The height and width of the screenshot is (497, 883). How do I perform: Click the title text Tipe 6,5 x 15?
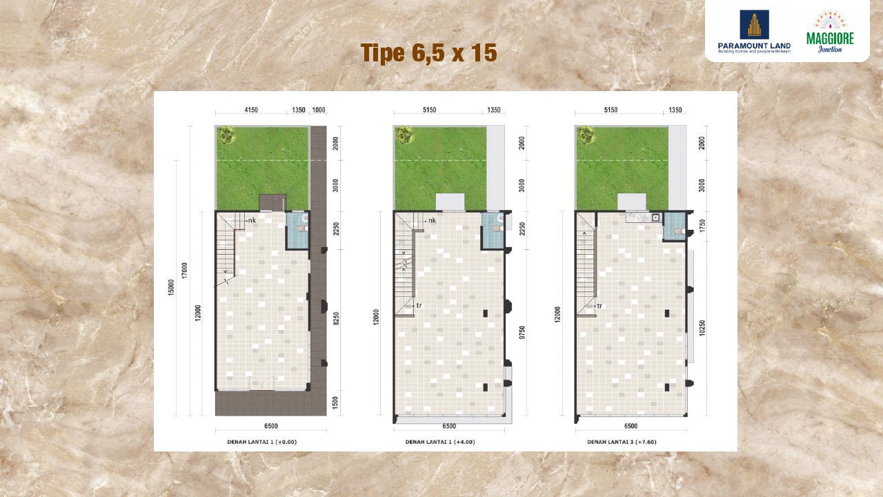click(428, 53)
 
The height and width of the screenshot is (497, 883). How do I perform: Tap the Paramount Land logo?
click(754, 32)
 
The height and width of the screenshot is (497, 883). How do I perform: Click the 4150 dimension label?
click(251, 110)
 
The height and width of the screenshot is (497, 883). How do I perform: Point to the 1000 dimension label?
click(319, 110)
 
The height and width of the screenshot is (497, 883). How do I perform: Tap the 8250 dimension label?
click(336, 319)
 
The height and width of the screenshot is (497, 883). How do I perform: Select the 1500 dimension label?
click(336, 403)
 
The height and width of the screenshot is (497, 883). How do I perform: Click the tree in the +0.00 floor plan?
click(226, 135)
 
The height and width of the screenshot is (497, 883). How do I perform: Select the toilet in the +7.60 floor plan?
click(677, 231)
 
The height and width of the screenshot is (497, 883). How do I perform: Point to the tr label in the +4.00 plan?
click(419, 304)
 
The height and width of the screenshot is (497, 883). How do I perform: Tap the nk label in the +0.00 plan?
click(252, 220)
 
